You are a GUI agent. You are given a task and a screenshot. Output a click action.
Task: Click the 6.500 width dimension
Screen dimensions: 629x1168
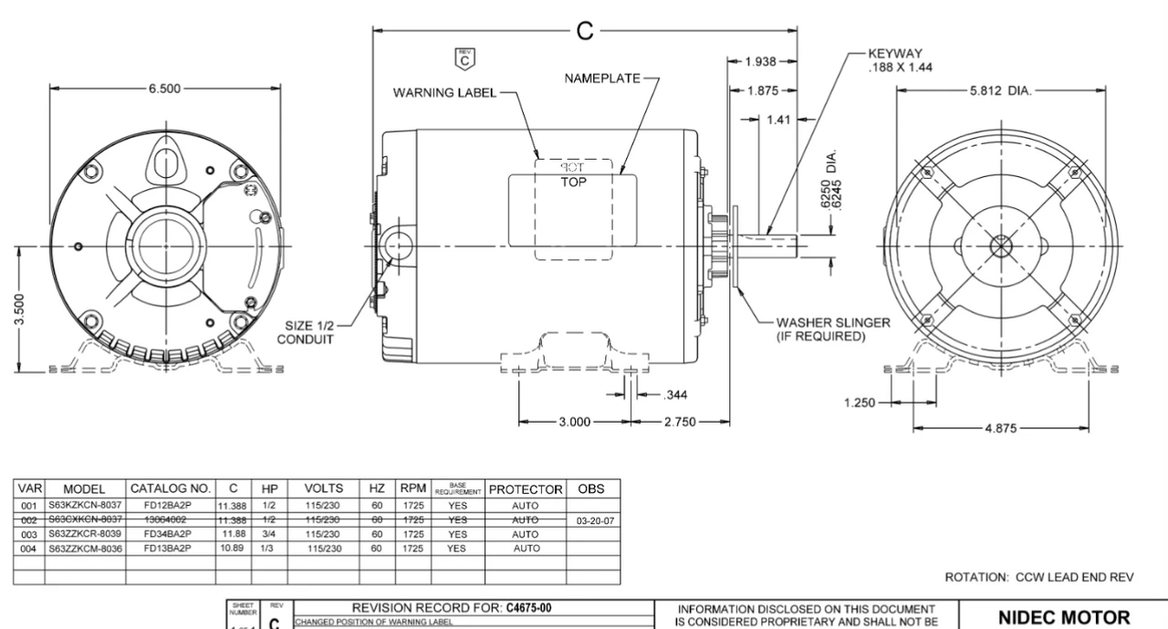point(165,89)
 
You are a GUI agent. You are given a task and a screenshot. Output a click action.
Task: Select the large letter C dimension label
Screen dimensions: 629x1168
point(585,31)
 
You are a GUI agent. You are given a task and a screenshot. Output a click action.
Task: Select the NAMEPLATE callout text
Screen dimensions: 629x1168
point(602,79)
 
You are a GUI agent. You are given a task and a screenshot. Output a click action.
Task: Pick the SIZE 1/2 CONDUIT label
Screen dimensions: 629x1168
point(306,333)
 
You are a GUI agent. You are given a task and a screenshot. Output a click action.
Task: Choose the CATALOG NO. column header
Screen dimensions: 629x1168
point(172,488)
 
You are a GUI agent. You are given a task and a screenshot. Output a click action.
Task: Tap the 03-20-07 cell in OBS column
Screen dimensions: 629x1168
point(592,519)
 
